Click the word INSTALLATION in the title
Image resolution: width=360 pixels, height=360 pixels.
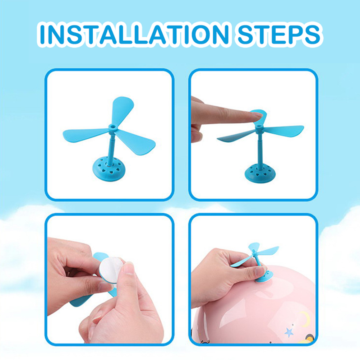point(134,34)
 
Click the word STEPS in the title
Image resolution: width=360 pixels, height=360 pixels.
point(279,34)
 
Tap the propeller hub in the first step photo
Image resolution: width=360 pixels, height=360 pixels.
point(112,127)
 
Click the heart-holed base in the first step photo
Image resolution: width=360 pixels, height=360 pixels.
point(109,169)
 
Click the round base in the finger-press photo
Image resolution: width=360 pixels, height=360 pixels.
point(260,173)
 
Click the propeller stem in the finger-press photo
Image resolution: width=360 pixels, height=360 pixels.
point(260,149)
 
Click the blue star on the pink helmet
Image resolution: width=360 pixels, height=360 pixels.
point(289,332)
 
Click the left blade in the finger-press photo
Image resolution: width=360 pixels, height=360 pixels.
point(236,137)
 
